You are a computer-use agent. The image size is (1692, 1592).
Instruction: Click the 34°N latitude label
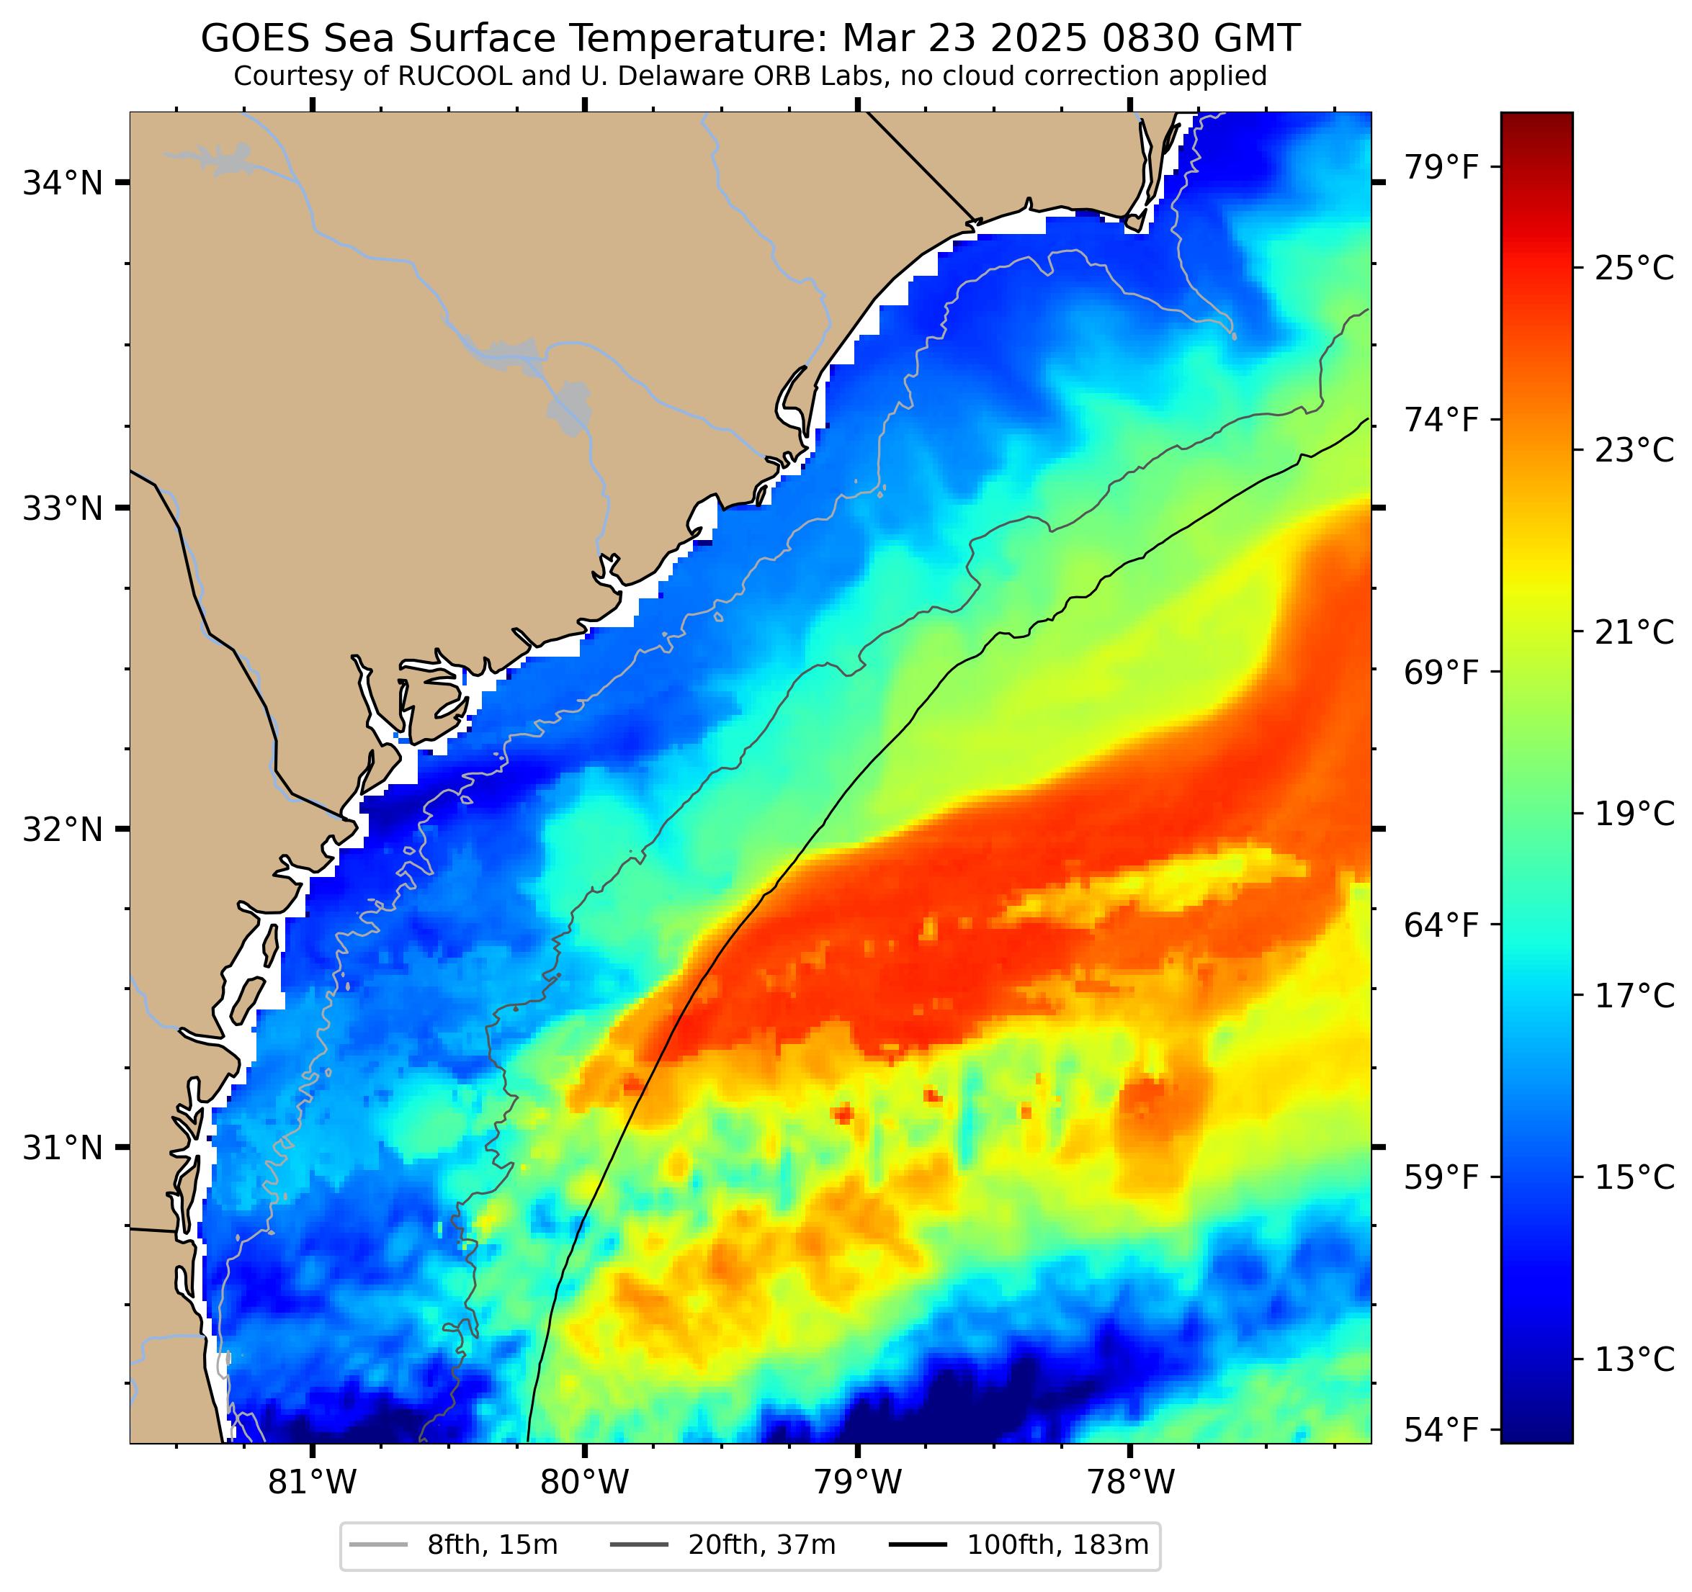61,183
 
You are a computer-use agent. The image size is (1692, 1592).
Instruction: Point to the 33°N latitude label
61,509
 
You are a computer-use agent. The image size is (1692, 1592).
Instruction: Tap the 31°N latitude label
61,1148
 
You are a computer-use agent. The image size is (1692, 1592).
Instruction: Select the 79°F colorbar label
1440,168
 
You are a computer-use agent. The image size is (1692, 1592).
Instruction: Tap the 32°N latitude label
61,829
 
